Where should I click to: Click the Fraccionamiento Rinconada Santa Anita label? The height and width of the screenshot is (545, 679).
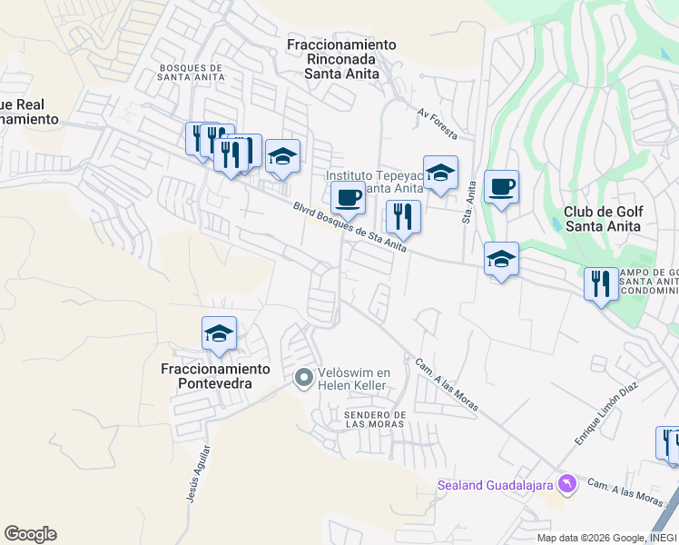[341, 59]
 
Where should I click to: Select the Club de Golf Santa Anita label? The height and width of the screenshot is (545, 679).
[604, 219]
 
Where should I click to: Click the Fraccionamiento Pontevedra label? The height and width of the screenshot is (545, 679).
[216, 376]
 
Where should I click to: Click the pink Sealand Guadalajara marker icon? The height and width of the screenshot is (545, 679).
[568, 483]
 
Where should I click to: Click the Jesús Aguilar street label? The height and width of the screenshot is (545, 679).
[203, 471]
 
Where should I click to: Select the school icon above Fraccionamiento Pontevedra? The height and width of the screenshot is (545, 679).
[219, 334]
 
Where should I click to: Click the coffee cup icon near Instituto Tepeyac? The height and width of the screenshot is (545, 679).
[348, 197]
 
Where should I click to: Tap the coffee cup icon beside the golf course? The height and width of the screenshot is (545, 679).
[501, 188]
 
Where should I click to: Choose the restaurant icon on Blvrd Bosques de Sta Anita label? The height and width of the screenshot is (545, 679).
[402, 216]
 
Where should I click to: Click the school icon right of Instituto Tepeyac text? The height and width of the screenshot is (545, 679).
[440, 173]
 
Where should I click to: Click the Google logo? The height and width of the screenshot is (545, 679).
[30, 534]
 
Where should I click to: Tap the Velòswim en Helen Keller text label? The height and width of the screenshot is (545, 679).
[353, 379]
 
